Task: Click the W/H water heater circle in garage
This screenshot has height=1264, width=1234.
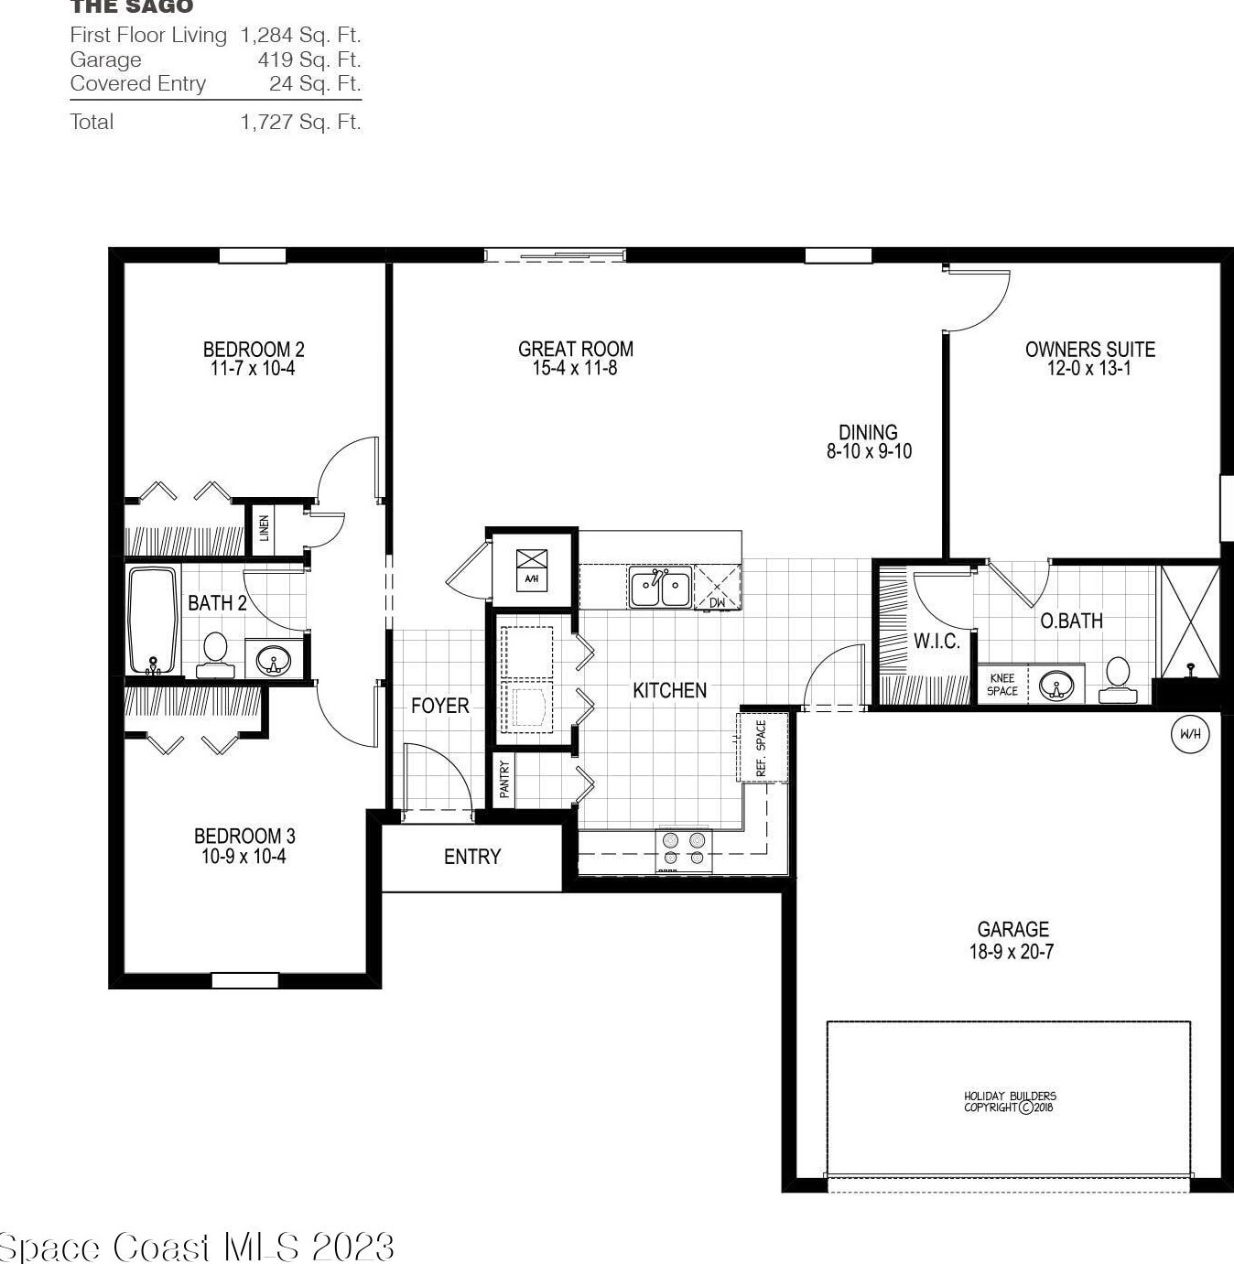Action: click(1190, 733)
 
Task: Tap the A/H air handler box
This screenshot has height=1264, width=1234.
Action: click(532, 569)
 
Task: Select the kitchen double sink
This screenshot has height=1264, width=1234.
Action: click(659, 587)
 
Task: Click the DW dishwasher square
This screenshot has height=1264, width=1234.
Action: click(718, 588)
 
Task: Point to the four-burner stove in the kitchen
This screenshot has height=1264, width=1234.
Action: click(684, 848)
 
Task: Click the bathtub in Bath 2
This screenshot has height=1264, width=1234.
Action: click(153, 621)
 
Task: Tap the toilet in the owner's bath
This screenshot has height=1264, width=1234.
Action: click(1118, 679)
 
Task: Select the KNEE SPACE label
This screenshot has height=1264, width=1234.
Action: click(1002, 685)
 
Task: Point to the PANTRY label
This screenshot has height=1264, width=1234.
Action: click(503, 779)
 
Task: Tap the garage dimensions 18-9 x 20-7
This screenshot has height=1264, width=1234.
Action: click(1012, 952)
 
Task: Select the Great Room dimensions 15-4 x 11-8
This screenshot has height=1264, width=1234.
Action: click(575, 369)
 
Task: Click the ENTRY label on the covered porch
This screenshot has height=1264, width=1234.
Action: click(472, 857)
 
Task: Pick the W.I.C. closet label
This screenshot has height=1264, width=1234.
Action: click(936, 642)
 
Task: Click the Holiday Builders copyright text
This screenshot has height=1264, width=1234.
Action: click(1010, 1101)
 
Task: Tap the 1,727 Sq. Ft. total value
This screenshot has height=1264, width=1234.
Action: click(300, 122)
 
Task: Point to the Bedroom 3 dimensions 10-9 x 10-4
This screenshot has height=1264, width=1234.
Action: click(244, 857)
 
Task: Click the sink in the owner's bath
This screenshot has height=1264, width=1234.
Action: click(1056, 685)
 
